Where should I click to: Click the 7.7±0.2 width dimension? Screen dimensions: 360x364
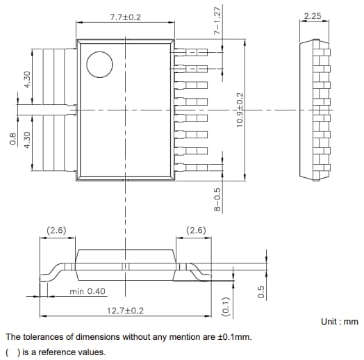[125, 16]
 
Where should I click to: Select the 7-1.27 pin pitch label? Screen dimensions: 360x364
[217, 22]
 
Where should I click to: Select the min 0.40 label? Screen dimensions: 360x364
[88, 292]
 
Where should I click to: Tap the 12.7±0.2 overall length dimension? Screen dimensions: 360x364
[126, 311]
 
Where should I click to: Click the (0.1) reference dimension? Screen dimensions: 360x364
[224, 305]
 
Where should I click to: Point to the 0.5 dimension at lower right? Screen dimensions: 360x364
[261, 293]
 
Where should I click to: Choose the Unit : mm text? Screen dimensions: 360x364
[339, 322]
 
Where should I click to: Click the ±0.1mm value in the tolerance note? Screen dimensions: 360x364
[233, 337]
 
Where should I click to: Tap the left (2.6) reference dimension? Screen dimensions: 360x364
[56, 230]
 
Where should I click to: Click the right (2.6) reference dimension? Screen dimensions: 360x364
[196, 230]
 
